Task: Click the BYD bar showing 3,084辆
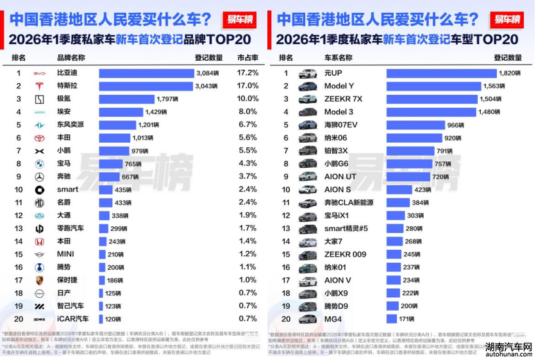pyautogui.click(x=146, y=73)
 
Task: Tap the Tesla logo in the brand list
pyautogui.click(x=39, y=86)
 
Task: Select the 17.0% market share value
pyautogui.click(x=247, y=86)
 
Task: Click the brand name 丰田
pyautogui.click(x=64, y=138)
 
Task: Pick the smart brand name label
pyautogui.click(x=67, y=190)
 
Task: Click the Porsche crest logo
pyautogui.click(x=39, y=281)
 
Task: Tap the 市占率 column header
pyautogui.click(x=247, y=58)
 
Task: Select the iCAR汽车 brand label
pyautogui.click(x=73, y=319)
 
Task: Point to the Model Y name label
pyautogui.click(x=339, y=86)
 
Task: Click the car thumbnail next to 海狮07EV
pyautogui.click(x=308, y=125)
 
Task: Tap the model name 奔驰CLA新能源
pyautogui.click(x=349, y=202)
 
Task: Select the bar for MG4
pyautogui.click(x=390, y=319)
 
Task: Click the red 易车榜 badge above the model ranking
pyautogui.click(x=508, y=19)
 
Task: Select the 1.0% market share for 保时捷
pyautogui.click(x=247, y=281)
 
